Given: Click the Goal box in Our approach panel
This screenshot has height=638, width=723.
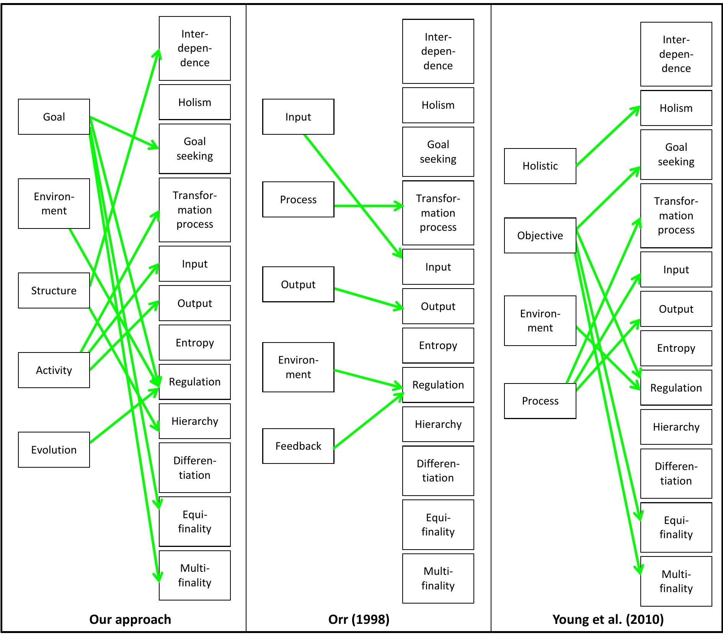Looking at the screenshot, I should coord(54,117).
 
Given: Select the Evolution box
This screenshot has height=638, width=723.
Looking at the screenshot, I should coord(54,450).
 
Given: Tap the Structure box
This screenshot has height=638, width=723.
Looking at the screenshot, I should coord(54,290).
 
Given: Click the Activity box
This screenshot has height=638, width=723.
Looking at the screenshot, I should coord(54,370).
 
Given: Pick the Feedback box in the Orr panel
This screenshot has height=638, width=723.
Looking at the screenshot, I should coord(298,446).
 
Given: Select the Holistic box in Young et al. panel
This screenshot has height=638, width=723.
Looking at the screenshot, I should coord(540,166).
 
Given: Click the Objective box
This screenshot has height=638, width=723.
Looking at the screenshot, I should coord(540,235).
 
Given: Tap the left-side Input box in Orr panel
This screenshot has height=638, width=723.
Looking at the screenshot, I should coord(298,117).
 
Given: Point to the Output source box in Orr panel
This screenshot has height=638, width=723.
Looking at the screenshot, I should coord(298,284).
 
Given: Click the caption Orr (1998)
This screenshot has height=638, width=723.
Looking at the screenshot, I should coord(359,619).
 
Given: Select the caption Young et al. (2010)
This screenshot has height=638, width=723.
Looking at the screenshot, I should coord(608,619).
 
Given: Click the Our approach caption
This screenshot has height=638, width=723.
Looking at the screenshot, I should coord(130,619).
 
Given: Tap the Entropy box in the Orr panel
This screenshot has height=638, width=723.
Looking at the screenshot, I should coord(438,346).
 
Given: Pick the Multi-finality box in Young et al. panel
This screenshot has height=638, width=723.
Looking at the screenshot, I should coord(676,581).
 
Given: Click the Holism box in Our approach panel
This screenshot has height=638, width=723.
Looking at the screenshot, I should coord(194,102).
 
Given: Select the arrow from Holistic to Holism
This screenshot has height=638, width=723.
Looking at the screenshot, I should coord(608,137).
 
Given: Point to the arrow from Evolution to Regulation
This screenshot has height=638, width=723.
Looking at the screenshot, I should coord(124,416).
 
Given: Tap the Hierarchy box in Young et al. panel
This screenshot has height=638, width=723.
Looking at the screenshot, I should coord(676,427).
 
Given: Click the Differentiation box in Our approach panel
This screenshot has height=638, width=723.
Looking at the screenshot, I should coord(194,468).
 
